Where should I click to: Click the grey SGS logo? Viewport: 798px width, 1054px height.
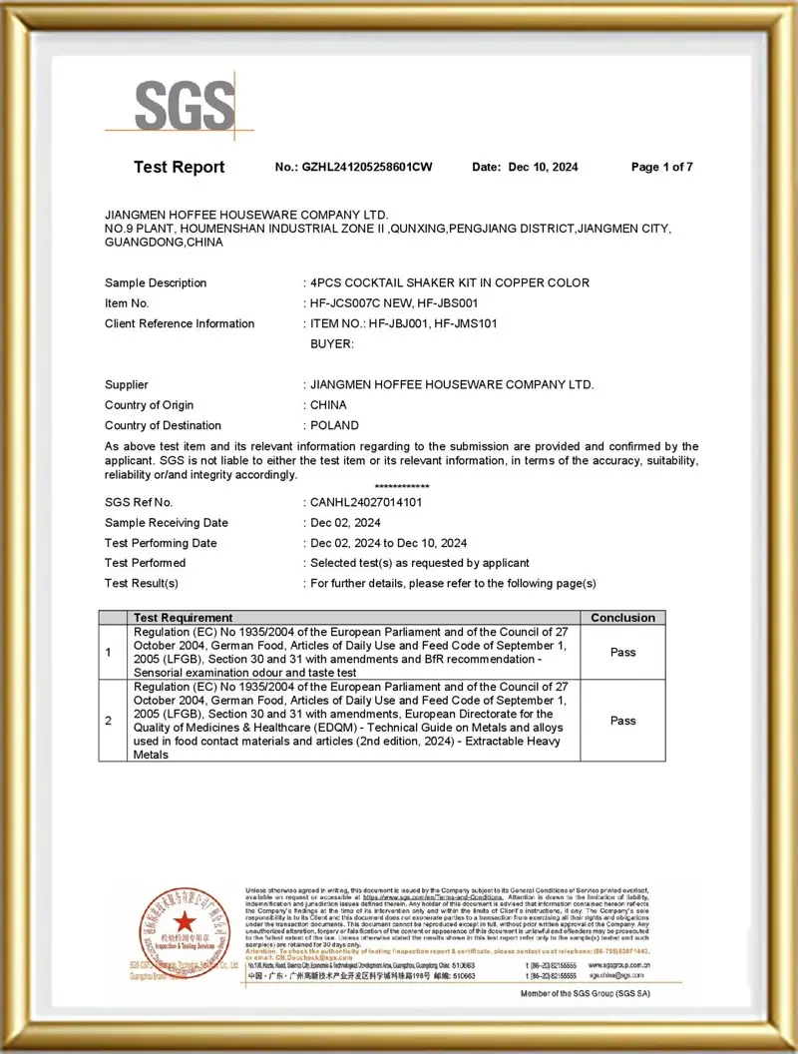(x=185, y=105)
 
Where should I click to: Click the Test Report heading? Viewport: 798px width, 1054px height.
(x=180, y=167)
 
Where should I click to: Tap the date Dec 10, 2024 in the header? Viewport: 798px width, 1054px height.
(x=543, y=167)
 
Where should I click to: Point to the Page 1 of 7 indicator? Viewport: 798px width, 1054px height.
(x=661, y=167)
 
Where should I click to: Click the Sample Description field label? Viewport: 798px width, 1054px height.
(x=156, y=282)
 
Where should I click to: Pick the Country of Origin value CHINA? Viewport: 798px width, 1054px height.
(x=328, y=405)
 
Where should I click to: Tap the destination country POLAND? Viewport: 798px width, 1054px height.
(x=334, y=425)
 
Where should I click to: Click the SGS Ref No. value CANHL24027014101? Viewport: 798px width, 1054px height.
(x=365, y=502)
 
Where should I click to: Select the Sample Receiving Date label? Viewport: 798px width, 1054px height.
(x=166, y=523)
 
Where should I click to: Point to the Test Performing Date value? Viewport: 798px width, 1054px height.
(x=388, y=543)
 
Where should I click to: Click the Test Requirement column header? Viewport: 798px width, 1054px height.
(x=183, y=618)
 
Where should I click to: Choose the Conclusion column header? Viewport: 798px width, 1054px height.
(x=622, y=618)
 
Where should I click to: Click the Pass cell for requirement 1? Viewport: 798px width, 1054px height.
(x=622, y=652)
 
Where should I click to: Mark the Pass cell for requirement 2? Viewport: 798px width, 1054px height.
(x=622, y=720)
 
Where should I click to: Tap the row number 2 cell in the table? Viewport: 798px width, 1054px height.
(x=109, y=720)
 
